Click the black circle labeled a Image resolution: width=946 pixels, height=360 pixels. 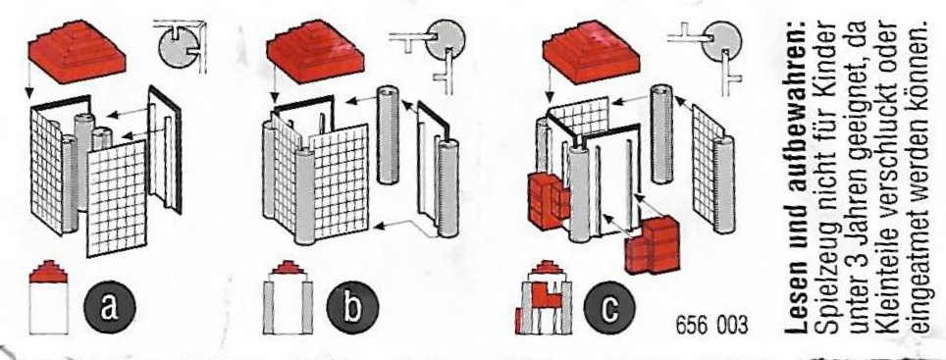click(x=109, y=308)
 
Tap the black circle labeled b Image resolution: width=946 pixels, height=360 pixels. click(x=351, y=308)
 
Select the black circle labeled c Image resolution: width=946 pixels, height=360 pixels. click(x=609, y=308)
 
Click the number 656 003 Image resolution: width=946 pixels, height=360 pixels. click(x=711, y=327)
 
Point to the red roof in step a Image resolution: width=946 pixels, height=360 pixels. click(x=78, y=51)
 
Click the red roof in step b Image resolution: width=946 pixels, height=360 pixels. click(x=315, y=51)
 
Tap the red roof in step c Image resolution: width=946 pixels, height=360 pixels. click(x=591, y=51)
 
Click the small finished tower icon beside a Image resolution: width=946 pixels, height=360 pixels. click(x=48, y=296)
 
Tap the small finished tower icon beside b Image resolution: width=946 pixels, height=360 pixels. click(x=288, y=296)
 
